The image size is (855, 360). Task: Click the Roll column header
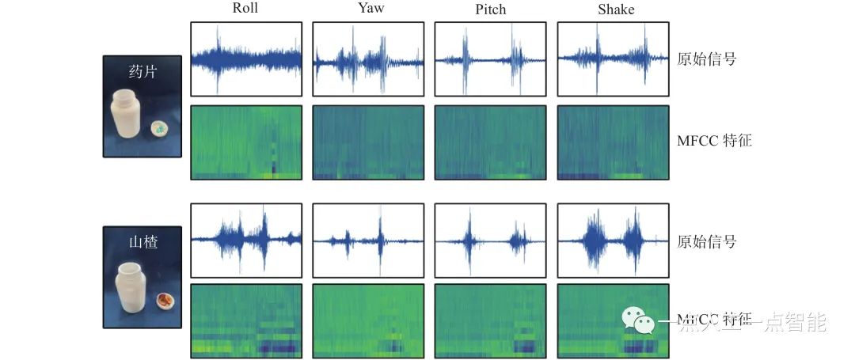245,9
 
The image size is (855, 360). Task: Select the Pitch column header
490,10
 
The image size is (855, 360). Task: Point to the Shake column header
614,9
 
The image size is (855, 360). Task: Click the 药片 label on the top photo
142,72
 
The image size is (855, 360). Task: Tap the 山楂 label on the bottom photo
142,242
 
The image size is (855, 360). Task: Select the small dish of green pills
160,127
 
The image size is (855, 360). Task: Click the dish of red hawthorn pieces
165,300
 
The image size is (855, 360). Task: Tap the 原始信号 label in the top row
707,59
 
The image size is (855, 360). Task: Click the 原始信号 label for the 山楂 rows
707,241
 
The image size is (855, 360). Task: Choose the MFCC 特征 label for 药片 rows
714,142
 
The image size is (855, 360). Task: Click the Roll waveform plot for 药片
246,59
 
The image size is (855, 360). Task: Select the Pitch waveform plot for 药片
491,59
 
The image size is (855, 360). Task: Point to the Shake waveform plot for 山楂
614,237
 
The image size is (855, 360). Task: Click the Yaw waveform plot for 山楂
368,237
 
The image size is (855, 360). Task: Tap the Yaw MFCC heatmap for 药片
368,142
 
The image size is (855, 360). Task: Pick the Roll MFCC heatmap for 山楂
246,320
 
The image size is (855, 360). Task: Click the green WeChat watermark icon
638,319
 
